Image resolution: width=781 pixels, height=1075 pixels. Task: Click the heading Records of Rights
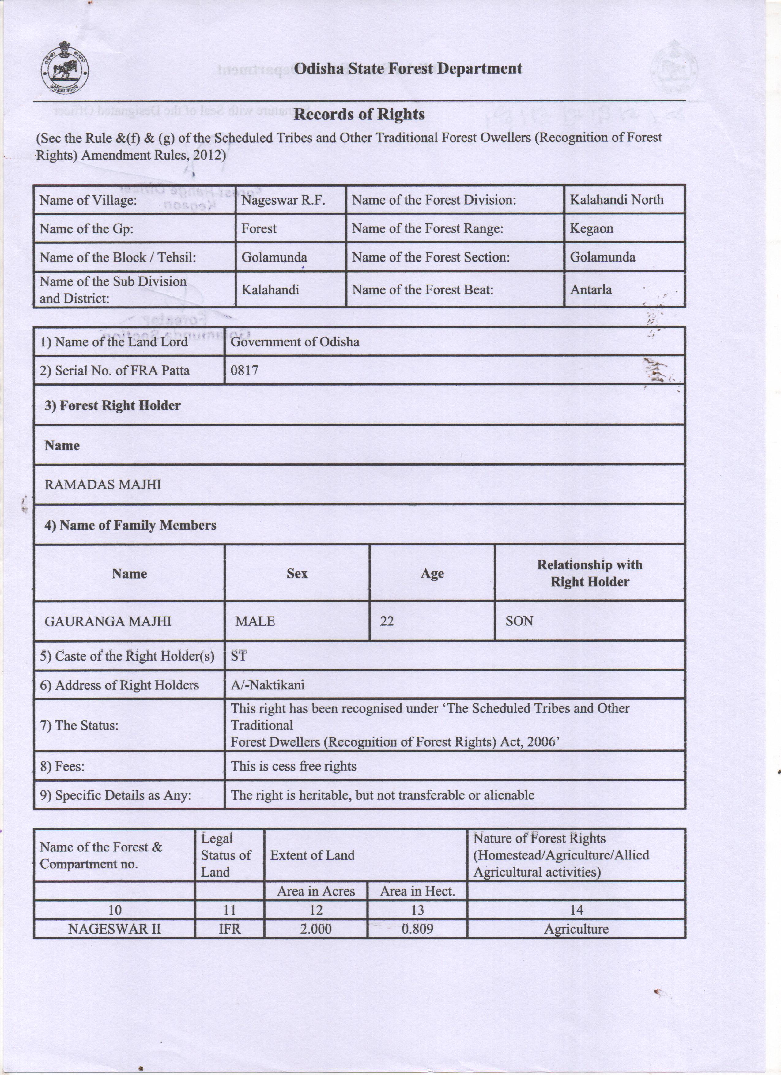pos(359,114)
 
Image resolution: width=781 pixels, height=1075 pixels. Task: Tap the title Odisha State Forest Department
pos(408,69)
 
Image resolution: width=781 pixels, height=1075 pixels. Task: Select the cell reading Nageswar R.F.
pos(283,200)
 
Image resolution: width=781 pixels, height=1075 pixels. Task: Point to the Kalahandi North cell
pos(616,200)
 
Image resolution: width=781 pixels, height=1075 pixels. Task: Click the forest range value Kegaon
pos(591,228)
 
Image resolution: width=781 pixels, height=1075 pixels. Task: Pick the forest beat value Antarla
pos(590,290)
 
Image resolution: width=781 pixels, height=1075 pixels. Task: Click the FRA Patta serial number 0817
pos(244,370)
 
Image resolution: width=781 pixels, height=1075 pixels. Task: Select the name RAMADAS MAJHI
pos(103,485)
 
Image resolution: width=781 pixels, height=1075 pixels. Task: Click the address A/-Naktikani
pos(267,685)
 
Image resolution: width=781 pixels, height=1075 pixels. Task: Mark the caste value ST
pos(239,656)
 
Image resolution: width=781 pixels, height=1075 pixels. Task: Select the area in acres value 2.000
pos(316,929)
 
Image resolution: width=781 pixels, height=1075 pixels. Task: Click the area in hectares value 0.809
pos(417,929)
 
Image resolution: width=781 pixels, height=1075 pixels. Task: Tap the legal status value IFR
pos(229,929)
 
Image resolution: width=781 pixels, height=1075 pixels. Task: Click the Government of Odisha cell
pos(295,342)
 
